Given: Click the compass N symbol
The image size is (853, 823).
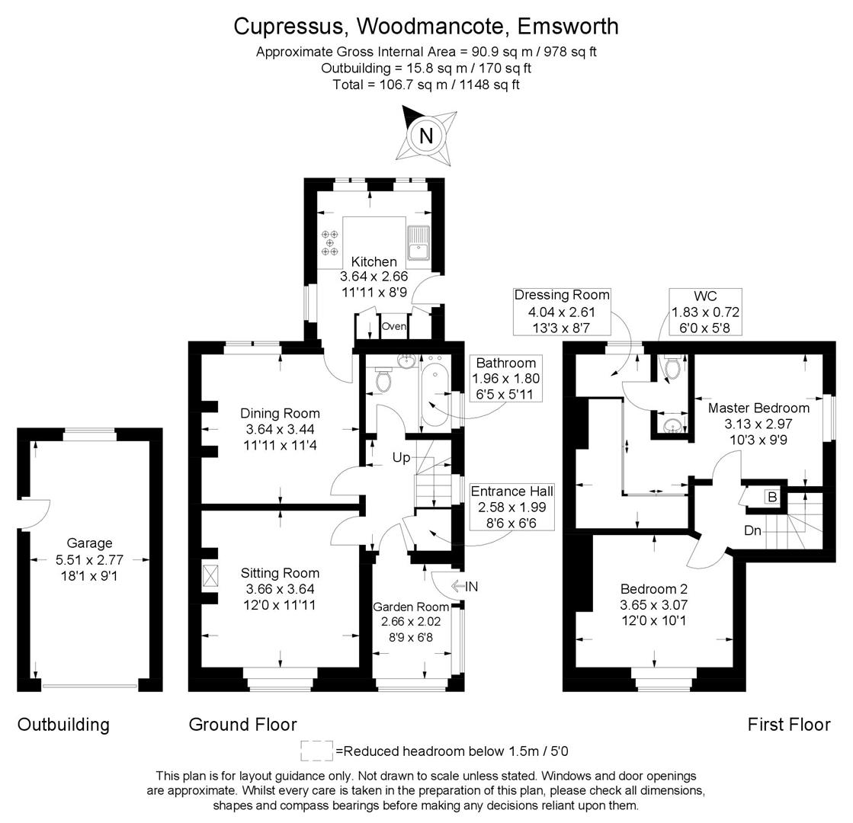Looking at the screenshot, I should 426,136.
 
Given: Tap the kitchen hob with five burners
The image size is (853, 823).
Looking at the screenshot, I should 330,242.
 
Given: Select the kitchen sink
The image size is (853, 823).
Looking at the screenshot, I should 419,242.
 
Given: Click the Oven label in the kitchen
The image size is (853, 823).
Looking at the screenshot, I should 394,326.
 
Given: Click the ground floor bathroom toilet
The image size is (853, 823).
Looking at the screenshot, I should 383,379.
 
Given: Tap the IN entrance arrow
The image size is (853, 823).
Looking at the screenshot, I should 464,586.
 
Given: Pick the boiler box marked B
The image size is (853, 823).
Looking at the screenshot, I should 771,497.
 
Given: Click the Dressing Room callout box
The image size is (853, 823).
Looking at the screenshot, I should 562,312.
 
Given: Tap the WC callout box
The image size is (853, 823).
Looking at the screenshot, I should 705,312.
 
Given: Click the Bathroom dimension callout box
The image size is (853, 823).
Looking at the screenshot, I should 506,379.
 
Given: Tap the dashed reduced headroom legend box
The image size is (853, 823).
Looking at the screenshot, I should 316,751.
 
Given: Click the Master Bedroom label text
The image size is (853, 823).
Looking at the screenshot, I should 758,408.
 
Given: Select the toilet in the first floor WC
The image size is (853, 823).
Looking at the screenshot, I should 672,369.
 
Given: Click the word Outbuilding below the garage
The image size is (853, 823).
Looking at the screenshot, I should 63,724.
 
